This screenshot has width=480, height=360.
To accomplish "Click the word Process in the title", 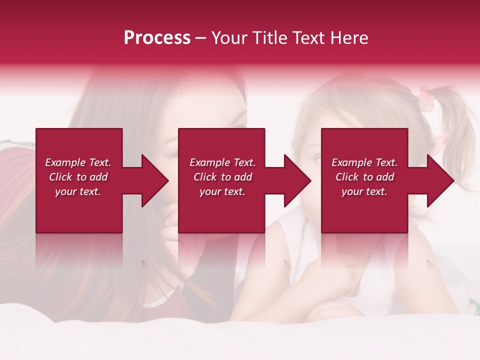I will (x=157, y=38).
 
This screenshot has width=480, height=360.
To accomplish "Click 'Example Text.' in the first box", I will (x=78, y=162).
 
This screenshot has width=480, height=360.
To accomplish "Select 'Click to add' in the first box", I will (x=78, y=177).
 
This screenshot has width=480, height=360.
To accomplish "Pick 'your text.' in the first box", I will (x=78, y=191).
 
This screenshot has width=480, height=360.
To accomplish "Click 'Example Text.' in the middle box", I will (x=222, y=162).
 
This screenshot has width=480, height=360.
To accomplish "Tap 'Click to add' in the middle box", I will (x=222, y=177).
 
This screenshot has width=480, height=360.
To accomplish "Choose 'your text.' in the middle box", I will (x=222, y=191).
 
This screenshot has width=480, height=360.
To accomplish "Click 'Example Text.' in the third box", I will (x=364, y=162).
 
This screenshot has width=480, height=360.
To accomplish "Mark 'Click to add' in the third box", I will (x=364, y=177).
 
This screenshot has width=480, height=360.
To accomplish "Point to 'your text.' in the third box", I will (x=364, y=191).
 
